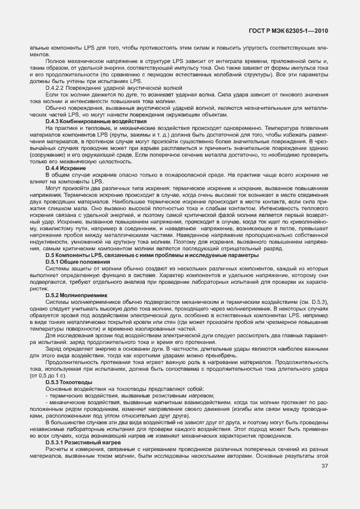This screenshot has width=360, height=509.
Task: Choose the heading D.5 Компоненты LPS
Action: pyautogui.click(x=152, y=255)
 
